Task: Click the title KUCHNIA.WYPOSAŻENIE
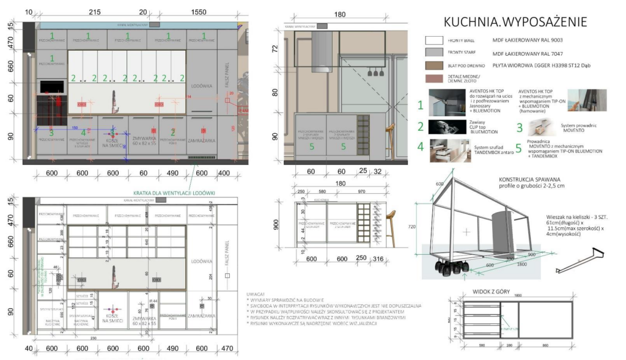coord(515,22)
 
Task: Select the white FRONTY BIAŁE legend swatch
coord(433,40)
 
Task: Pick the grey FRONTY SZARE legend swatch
coord(433,53)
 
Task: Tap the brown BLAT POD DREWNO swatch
coord(433,65)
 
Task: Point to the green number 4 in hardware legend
coord(420,146)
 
